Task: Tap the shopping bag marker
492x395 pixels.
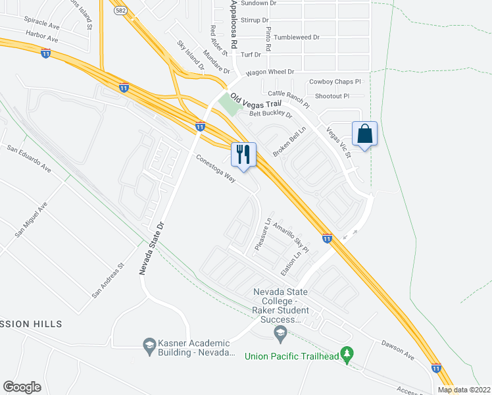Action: [364, 134]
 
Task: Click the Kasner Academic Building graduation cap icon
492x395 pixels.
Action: [149, 344]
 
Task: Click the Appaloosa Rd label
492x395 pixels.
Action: [232, 20]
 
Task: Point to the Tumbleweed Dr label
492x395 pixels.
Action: [297, 38]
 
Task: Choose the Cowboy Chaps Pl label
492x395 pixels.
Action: [335, 82]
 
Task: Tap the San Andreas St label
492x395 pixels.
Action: [108, 281]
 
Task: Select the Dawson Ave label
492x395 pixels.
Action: [398, 350]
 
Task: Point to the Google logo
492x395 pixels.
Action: [22, 386]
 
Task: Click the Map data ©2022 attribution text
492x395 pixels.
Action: [464, 390]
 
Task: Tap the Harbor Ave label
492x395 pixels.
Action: [42, 37]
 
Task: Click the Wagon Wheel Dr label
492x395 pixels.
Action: [270, 72]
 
